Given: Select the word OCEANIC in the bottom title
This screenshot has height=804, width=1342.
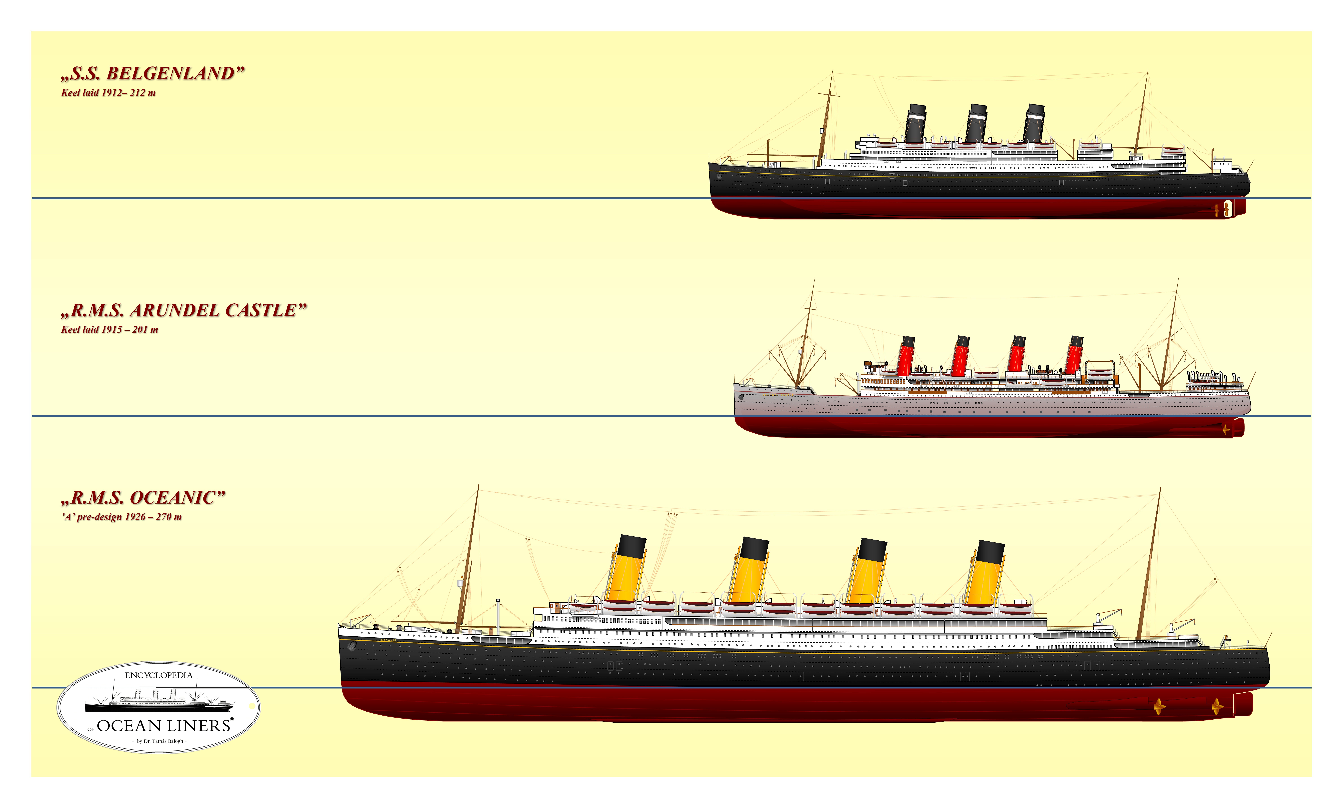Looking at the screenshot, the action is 172,497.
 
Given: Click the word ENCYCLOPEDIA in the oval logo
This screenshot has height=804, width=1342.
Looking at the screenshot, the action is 159,675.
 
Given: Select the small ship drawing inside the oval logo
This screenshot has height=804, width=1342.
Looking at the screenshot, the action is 159,699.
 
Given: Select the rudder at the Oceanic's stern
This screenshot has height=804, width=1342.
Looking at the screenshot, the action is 1244,704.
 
